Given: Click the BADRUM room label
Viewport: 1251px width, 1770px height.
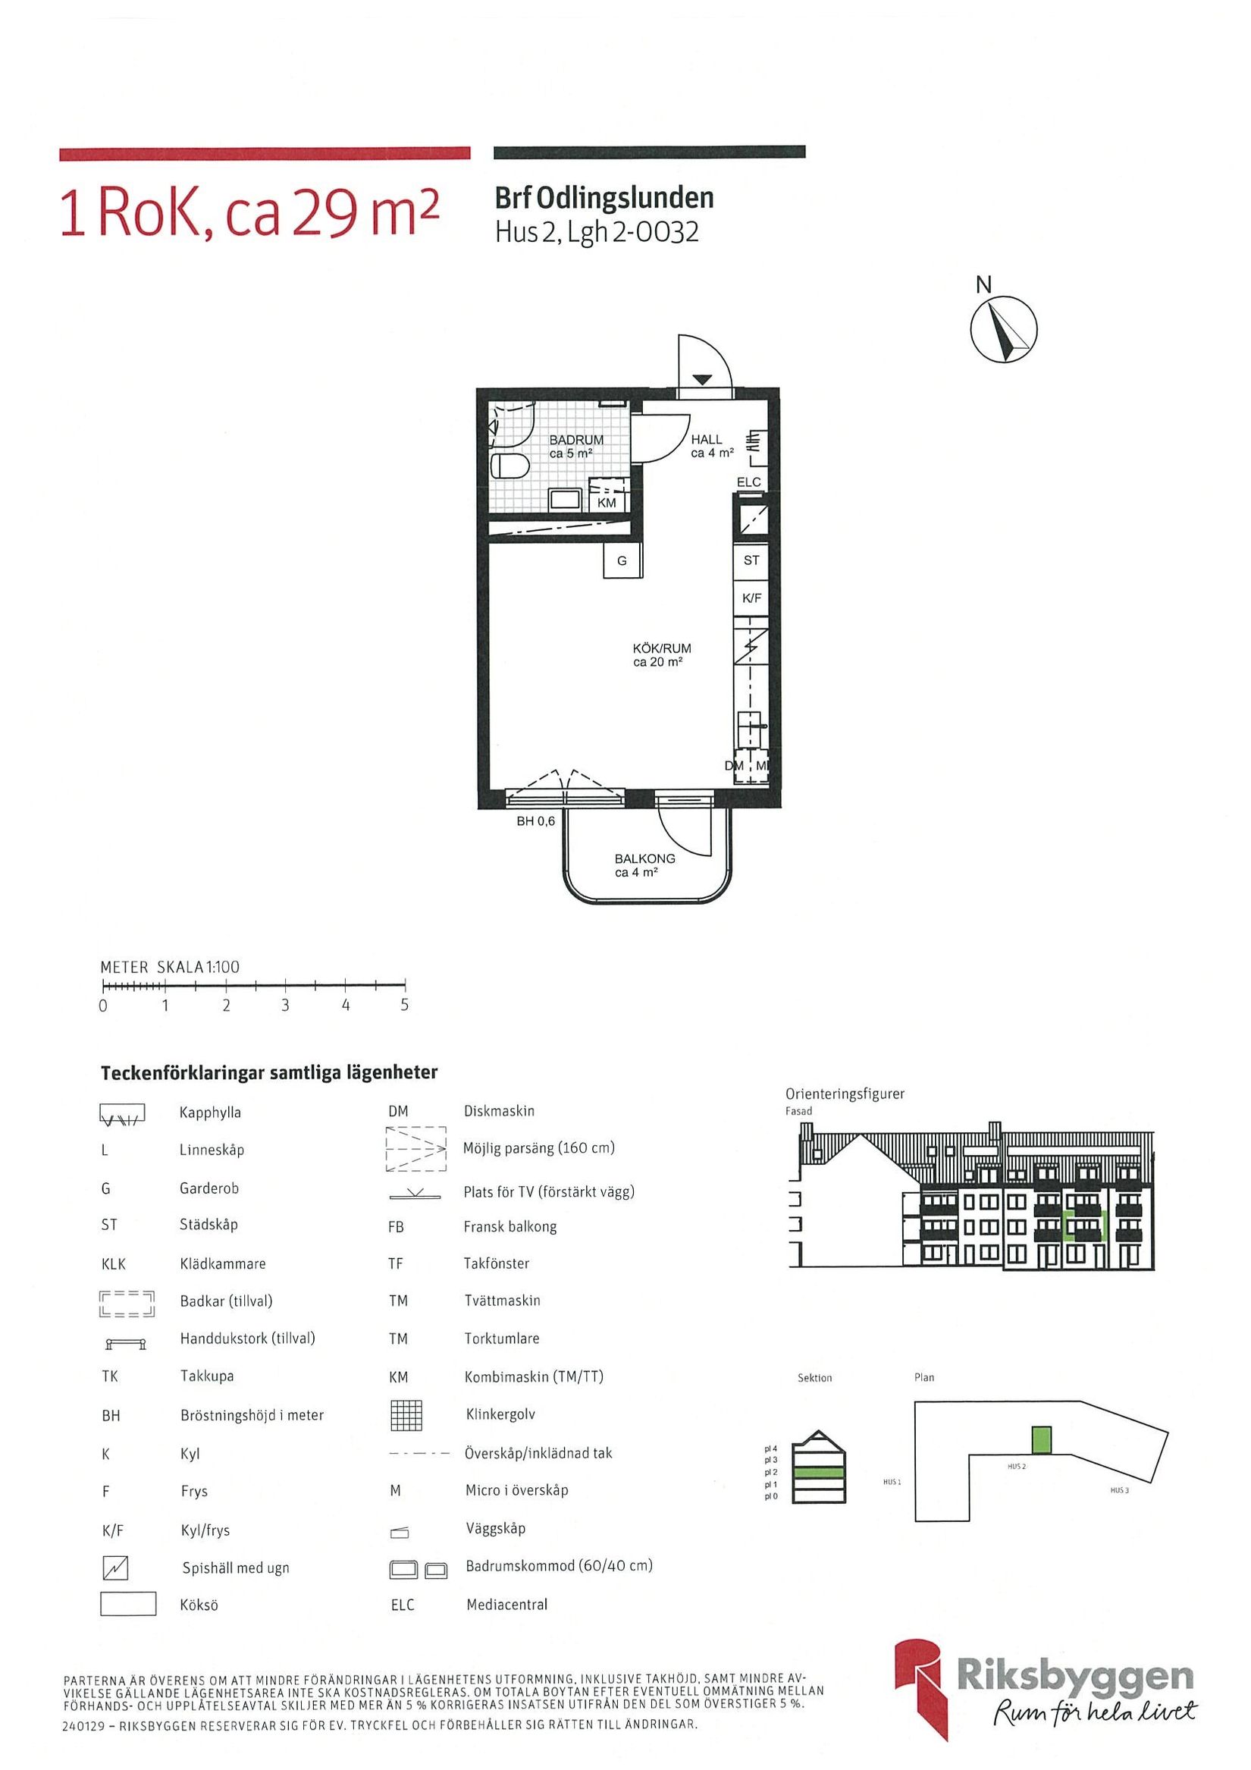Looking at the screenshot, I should coord(575,439).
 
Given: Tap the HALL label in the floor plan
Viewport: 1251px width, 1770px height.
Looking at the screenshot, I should coord(706,439).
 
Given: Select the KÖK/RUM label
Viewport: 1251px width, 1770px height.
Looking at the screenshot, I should coord(661,648).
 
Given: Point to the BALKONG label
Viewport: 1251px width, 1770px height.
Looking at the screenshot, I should coord(644,858).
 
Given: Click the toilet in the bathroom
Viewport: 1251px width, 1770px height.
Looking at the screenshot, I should coord(509,466).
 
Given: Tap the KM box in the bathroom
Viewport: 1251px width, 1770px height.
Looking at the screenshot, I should coord(607,503).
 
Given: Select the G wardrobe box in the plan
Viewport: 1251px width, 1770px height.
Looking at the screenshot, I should coord(622,561).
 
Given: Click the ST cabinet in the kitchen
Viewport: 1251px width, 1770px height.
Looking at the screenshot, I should coord(751,560).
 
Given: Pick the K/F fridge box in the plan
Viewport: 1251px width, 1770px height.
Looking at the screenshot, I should coord(751,598).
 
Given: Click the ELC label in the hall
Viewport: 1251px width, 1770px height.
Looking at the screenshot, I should coord(748,482).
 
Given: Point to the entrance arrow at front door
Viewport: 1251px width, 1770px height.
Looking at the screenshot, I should coord(701,379).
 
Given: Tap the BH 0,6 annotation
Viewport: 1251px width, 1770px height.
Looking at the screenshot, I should coord(536,821).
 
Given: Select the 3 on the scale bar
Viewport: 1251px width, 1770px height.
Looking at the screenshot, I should coord(285,1006).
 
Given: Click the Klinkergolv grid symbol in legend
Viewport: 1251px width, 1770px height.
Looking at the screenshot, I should coord(408,1414).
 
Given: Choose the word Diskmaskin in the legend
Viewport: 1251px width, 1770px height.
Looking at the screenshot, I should coord(499,1111).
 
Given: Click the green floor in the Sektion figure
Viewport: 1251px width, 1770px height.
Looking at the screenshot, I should coord(820,1472).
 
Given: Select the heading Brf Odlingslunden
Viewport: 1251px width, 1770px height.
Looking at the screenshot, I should coord(604,198).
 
